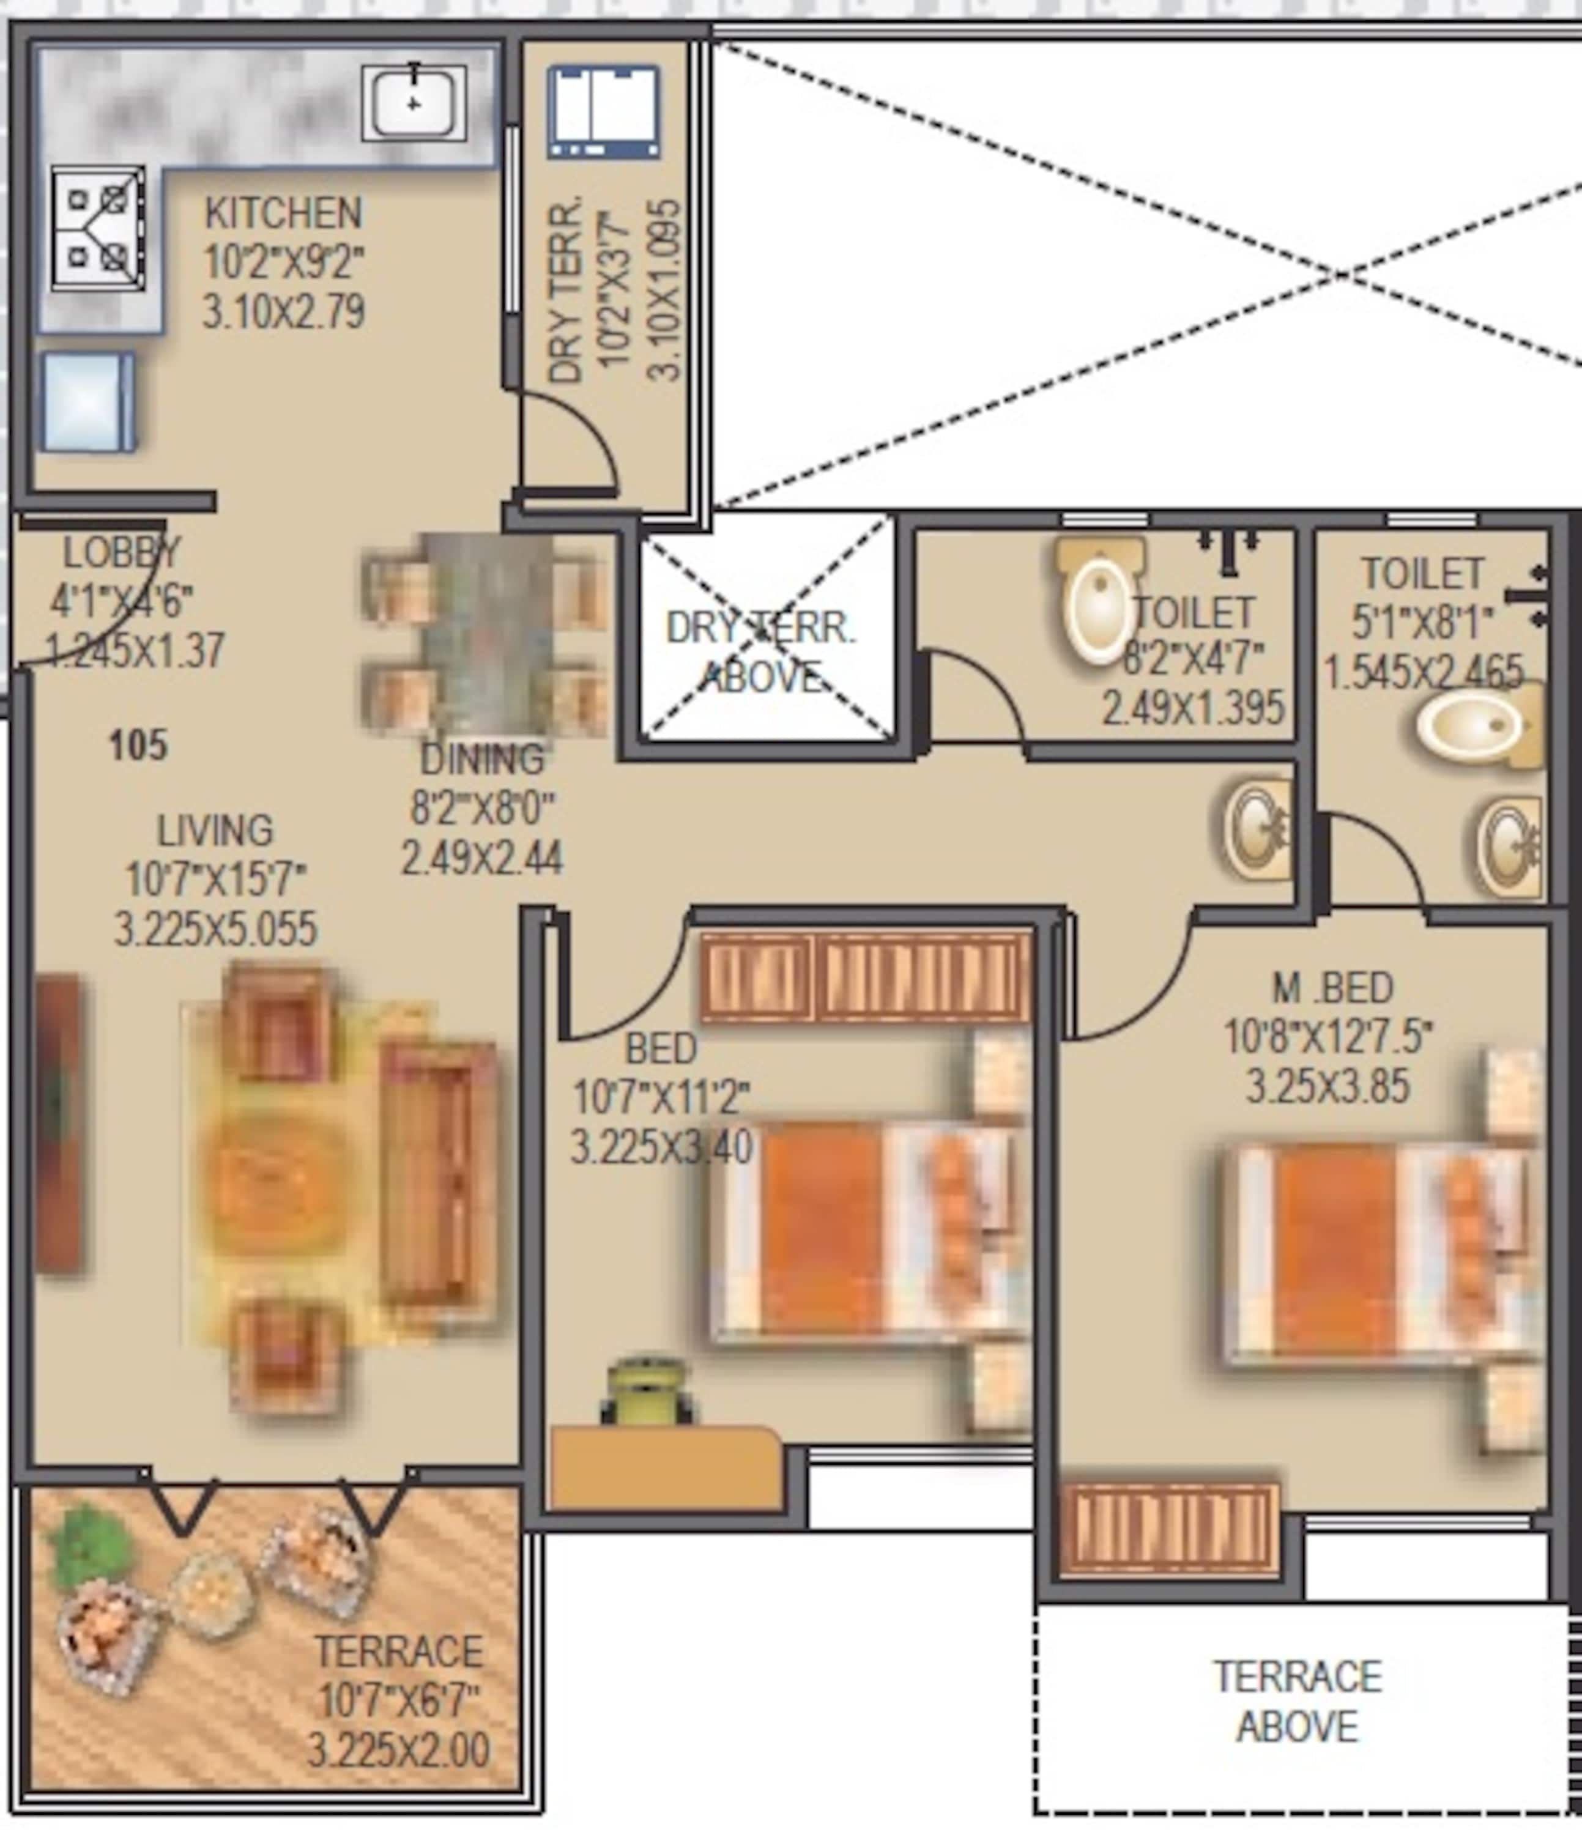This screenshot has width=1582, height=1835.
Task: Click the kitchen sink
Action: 414,103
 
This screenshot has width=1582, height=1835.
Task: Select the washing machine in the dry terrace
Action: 603,111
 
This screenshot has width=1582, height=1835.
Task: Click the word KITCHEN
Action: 283,213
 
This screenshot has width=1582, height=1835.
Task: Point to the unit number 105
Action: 138,746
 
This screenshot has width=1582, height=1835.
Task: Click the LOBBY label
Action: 121,554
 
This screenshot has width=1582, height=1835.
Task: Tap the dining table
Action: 486,633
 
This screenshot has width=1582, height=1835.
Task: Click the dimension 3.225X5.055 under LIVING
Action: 215,930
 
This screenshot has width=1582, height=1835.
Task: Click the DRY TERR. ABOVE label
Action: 761,653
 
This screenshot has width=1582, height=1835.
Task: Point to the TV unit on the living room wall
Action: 59,1125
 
